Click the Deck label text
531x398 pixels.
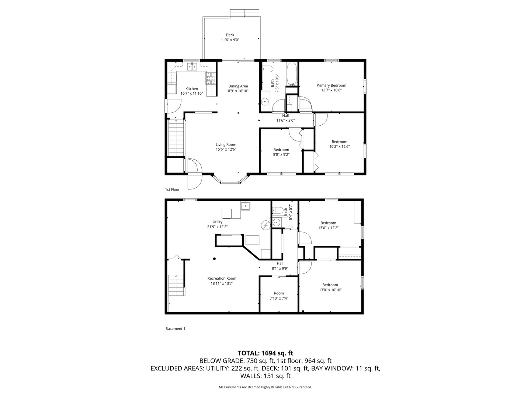click(230, 35)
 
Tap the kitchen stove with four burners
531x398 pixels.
click(211, 78)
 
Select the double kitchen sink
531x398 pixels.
click(192, 67)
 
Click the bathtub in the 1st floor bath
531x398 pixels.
click(291, 73)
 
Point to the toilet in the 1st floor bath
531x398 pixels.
click(267, 69)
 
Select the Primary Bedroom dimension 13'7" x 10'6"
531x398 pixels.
click(331, 90)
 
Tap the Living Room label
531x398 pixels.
click(226, 144)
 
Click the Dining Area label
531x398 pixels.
click(238, 86)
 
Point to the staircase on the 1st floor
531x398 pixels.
click(176, 138)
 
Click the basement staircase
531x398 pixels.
click(176, 285)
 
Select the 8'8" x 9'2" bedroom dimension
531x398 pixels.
click(281, 155)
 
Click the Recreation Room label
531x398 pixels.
click(222, 278)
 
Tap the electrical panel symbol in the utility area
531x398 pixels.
click(265, 224)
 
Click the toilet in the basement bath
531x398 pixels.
click(278, 210)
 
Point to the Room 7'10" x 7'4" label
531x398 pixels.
click(279, 296)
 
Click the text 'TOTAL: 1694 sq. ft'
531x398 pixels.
click(265, 353)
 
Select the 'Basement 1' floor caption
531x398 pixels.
click(175, 329)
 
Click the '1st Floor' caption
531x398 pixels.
click(172, 189)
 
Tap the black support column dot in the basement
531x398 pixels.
click(214, 259)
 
